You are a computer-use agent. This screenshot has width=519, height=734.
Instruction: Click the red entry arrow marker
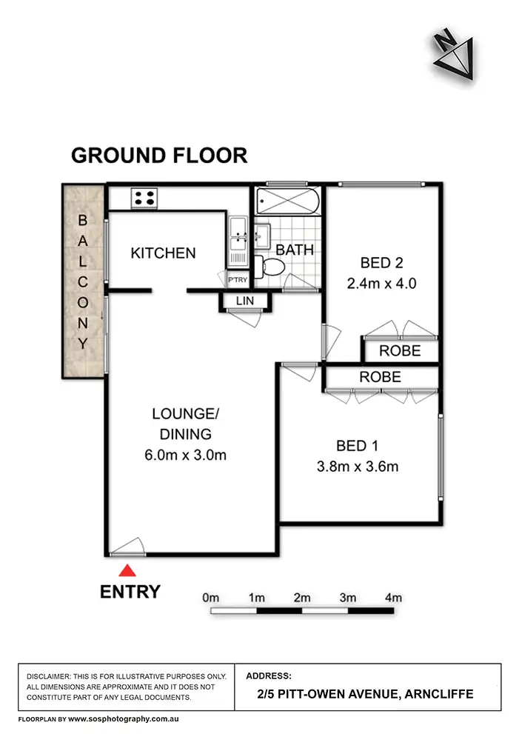(128, 570)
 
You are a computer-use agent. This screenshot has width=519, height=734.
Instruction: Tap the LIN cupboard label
(244, 300)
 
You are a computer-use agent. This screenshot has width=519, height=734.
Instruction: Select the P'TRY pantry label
(238, 279)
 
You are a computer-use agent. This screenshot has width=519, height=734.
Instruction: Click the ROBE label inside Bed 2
(400, 350)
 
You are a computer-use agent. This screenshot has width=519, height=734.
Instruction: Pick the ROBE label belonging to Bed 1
(380, 377)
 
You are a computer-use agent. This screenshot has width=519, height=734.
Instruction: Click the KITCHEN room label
(163, 253)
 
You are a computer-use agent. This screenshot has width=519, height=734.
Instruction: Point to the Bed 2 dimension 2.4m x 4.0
(382, 283)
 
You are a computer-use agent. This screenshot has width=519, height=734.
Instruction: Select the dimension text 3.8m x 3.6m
(358, 467)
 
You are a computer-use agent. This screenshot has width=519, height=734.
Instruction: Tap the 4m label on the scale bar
(392, 598)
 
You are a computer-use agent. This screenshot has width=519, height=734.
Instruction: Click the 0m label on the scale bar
(211, 598)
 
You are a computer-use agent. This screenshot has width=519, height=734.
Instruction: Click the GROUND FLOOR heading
(158, 156)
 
